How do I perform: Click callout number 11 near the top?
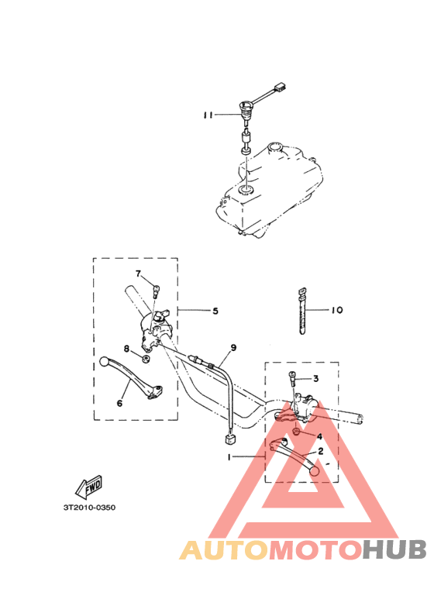click(x=208, y=115)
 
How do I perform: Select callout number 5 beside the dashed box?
click(x=215, y=311)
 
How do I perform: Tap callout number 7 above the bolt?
click(x=138, y=274)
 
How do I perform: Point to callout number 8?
click(x=126, y=349)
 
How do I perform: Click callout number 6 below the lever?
click(x=119, y=403)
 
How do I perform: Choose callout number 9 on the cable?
click(x=233, y=348)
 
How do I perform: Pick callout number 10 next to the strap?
click(x=336, y=310)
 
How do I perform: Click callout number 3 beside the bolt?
click(x=315, y=379)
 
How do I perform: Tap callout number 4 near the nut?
click(x=319, y=436)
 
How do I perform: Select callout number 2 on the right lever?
click(x=321, y=451)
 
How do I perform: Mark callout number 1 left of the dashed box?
click(x=229, y=457)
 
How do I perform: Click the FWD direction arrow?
click(x=88, y=487)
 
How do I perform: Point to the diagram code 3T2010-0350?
click(x=89, y=508)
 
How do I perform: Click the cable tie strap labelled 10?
click(x=301, y=312)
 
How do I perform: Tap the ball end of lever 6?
click(x=105, y=361)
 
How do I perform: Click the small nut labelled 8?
click(x=145, y=359)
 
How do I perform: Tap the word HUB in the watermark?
click(x=394, y=549)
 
